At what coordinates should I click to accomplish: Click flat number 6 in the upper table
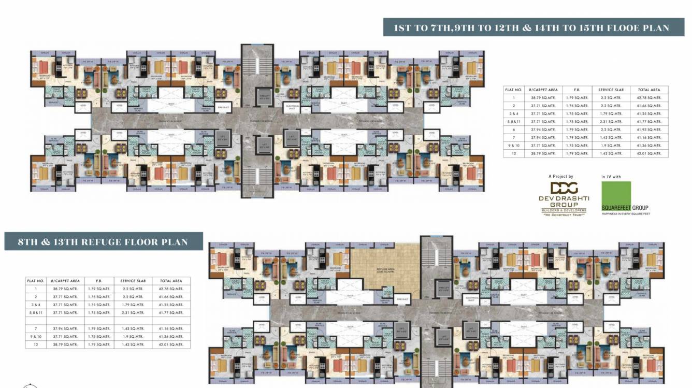514,130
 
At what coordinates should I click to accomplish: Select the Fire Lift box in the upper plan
264,97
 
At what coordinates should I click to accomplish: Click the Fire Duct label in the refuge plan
402,299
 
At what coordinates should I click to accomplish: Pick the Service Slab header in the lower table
133,281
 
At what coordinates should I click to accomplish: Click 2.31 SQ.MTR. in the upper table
611,122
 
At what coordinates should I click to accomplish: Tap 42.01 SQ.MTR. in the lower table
171,344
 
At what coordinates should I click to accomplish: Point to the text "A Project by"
561,177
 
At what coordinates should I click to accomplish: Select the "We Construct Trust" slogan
563,214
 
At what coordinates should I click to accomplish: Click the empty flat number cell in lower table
36,321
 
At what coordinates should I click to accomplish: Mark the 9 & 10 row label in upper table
514,146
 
